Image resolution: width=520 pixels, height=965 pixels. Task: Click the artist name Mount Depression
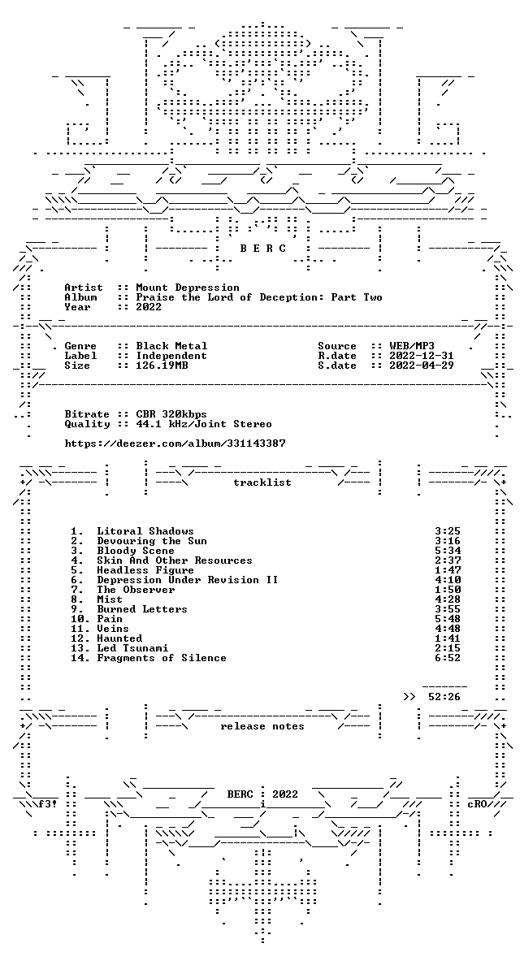(188, 288)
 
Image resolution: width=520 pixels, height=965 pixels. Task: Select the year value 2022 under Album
(149, 307)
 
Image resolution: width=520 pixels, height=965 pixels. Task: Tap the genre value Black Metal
(171, 347)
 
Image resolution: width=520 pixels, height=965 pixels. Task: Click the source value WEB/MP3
(412, 347)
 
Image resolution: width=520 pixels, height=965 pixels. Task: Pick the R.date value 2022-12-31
(422, 356)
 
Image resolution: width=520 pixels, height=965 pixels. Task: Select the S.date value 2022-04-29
(422, 366)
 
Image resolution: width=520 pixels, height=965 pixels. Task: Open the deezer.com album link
(175, 444)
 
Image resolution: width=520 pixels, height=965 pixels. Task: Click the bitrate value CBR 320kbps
(171, 414)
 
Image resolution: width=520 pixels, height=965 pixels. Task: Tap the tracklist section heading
(262, 482)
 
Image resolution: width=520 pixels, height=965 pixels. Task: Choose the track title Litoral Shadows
(145, 531)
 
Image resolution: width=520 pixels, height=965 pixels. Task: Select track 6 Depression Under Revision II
(187, 580)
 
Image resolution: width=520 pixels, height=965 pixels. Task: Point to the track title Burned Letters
(142, 609)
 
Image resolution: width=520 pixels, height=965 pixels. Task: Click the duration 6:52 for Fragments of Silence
(448, 658)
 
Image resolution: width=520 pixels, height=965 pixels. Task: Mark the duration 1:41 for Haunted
(448, 638)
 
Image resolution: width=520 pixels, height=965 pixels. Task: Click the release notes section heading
(262, 726)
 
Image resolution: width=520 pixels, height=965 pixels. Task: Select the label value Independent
(171, 356)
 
